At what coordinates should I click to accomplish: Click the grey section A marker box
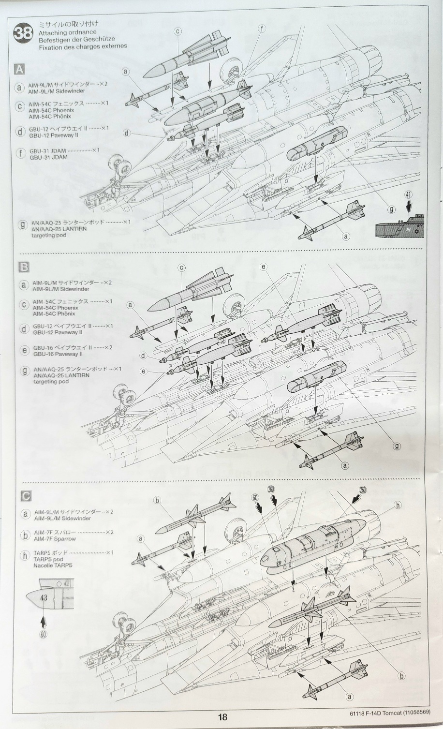point(19,70)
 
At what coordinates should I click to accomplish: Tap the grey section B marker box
point(23,267)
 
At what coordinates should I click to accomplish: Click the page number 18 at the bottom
point(222,717)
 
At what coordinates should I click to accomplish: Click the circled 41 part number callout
point(409,195)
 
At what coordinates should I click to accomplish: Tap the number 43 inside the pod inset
point(44,597)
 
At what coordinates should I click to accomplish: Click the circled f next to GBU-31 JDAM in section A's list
point(20,154)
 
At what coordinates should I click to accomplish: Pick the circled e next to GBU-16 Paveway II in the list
point(24,350)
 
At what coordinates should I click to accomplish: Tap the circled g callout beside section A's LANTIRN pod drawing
point(391,209)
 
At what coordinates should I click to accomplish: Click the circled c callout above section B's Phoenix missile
point(182,267)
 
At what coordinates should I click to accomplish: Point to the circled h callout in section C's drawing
point(398,505)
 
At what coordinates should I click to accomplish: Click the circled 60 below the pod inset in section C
point(44,634)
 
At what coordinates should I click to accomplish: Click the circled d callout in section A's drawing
point(127,133)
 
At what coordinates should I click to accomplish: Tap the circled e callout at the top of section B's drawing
point(264,267)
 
